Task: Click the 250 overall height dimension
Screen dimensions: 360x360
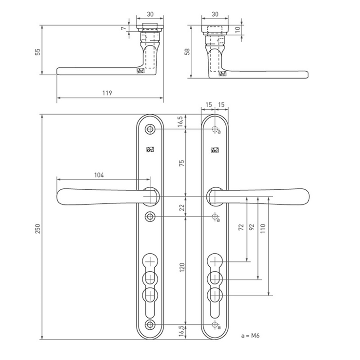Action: tap(38, 229)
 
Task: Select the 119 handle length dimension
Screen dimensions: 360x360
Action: tap(107, 93)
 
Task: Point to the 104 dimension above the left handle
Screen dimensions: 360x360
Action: tap(99, 175)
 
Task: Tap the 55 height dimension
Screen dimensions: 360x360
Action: tap(38, 52)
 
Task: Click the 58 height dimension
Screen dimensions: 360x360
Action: tap(188, 51)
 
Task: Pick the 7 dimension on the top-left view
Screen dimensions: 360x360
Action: tap(124, 28)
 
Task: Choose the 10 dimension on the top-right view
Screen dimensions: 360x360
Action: tap(238, 29)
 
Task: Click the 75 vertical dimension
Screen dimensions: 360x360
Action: tap(181, 163)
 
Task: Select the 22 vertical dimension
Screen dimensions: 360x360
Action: tap(181, 207)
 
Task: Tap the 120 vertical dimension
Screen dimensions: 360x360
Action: tap(181, 268)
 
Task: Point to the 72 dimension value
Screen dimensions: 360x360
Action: tap(241, 227)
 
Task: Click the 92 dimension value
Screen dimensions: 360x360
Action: tap(252, 227)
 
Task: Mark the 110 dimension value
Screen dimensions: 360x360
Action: tap(263, 229)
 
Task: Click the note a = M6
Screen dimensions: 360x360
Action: tap(250, 336)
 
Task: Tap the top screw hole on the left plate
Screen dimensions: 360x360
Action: tap(150, 129)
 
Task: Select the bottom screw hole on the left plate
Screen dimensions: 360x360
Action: tap(150, 325)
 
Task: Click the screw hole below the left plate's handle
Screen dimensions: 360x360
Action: tap(150, 217)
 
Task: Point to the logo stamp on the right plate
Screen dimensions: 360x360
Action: tap(215, 150)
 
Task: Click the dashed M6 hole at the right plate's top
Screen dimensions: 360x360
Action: tap(215, 129)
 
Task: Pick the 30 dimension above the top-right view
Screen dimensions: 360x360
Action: tap(215, 14)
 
